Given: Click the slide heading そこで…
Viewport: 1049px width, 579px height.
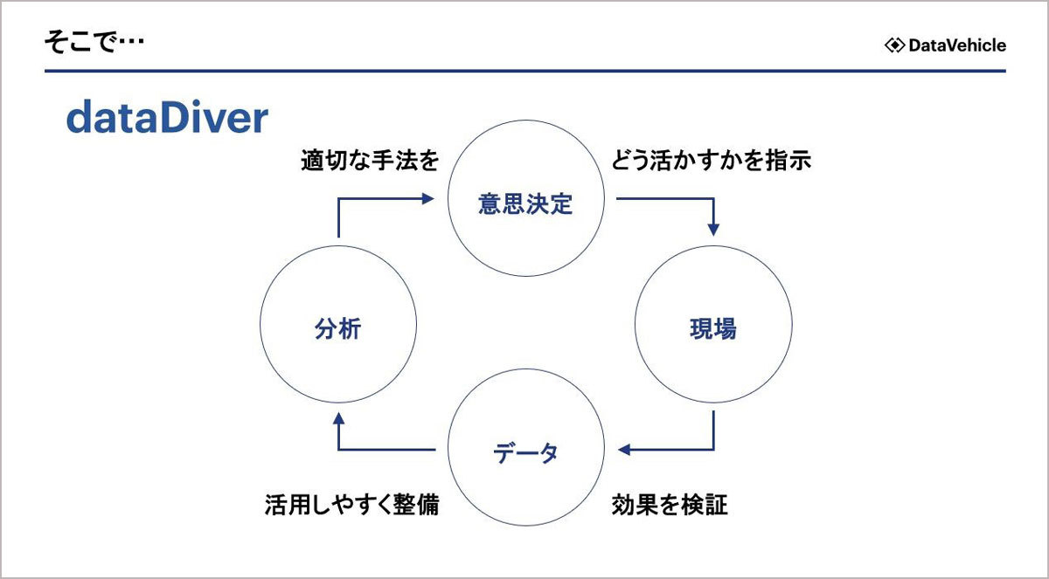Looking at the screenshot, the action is tap(94, 42).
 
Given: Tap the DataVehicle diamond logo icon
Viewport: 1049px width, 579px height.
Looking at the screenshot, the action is tap(894, 45).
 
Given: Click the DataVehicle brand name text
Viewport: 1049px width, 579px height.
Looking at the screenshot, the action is tap(957, 45).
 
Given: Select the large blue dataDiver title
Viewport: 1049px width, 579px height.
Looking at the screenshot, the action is tap(167, 117).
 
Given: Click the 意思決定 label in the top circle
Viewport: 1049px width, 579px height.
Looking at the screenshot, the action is tap(525, 204).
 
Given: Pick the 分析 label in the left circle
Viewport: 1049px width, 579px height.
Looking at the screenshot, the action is tap(337, 328).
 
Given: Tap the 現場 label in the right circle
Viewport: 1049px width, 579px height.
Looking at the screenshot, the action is tap(713, 328).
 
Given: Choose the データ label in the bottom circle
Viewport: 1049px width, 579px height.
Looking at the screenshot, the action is tap(525, 452).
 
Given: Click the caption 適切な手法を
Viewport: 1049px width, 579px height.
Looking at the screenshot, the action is tap(370, 161).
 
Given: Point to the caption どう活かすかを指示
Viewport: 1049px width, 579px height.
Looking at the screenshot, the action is tap(711, 161).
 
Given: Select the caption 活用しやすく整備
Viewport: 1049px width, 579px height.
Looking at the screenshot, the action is tap(351, 505).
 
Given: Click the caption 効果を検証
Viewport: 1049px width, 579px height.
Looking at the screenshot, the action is tap(670, 505).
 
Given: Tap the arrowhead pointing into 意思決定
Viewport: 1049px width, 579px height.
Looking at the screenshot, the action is tap(427, 199).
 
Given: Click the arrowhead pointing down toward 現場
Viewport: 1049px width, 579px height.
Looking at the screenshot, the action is tap(713, 230).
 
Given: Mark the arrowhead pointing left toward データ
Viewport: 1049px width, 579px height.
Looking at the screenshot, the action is tap(624, 450).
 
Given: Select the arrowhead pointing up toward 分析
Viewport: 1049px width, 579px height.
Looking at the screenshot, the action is tap(338, 418).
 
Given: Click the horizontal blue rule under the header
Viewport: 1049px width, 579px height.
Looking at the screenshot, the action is tap(525, 71).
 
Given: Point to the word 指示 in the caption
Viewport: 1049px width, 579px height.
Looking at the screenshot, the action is tap(788, 161).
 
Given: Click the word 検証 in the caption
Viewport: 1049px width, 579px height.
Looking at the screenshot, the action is tap(705, 505).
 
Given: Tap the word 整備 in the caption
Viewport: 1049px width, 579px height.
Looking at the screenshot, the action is tap(416, 505).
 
